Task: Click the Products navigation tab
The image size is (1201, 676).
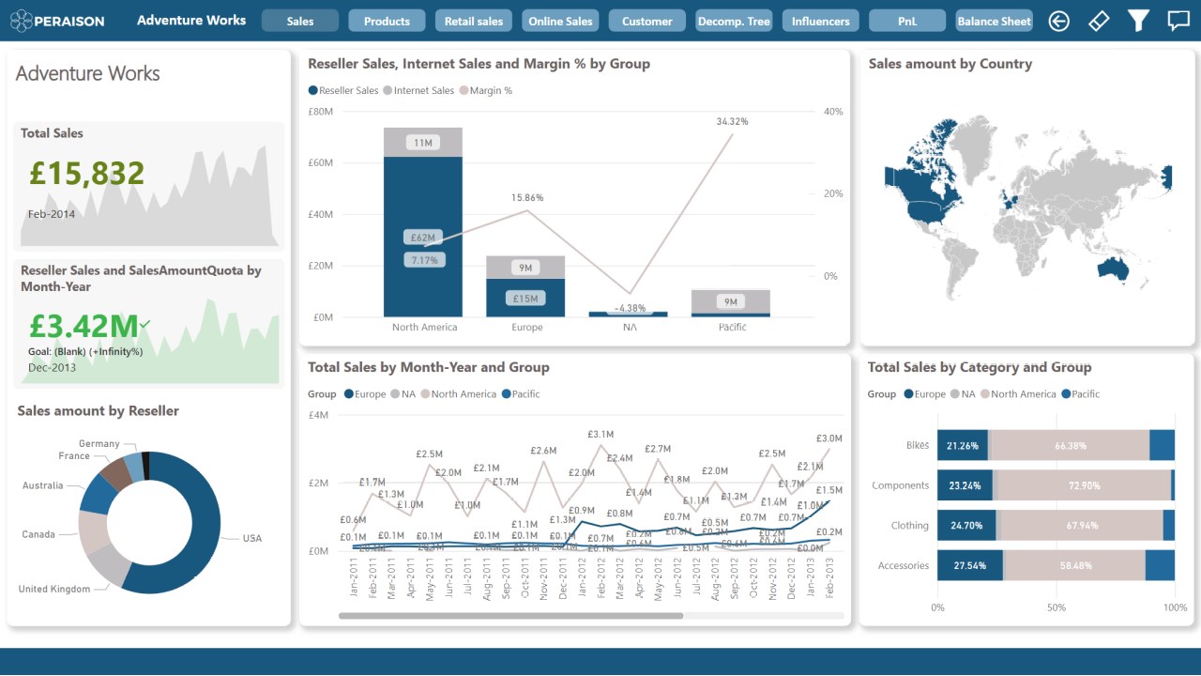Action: coord(387,21)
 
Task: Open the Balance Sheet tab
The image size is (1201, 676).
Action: coord(995,21)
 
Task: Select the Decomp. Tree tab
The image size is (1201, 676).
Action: coord(733,21)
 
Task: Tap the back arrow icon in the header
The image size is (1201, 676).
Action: coord(1059,21)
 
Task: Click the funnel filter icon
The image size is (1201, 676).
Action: coord(1138,21)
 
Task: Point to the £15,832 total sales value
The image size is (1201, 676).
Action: coord(86,174)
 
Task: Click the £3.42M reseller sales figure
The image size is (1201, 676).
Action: coord(84,326)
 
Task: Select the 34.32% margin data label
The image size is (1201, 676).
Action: coord(732,121)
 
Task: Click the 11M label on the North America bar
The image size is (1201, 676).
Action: coord(423,143)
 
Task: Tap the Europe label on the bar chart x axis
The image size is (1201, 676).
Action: coord(526,328)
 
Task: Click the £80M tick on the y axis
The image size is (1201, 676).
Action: coord(320,112)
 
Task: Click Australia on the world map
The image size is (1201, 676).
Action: coord(1114,270)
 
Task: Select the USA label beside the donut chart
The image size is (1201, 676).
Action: coord(252,539)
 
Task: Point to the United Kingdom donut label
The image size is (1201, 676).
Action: coord(54,590)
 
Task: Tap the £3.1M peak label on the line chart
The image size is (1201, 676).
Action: coord(600,435)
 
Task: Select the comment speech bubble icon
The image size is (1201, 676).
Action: coord(1178,21)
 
